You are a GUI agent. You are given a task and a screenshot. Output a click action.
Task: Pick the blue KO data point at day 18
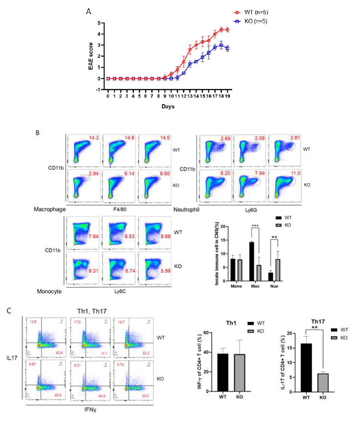[x=221, y=45]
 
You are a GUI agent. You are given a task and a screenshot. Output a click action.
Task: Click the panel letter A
[x=88, y=12]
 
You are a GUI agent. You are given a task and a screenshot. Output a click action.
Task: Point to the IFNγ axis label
[x=90, y=410]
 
